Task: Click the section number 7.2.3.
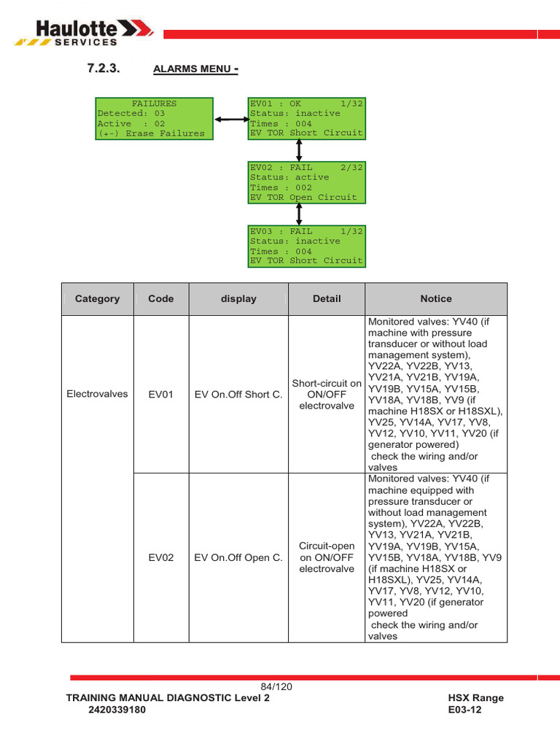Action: [103, 68]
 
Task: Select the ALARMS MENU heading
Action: [195, 69]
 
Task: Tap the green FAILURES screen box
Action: [155, 118]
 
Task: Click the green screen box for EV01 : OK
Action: [306, 118]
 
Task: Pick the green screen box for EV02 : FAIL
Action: [306, 182]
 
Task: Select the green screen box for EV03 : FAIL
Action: [306, 246]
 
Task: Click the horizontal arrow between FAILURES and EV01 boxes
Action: [231, 119]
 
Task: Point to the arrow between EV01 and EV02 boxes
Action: [299, 151]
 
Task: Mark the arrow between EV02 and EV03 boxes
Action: [299, 214]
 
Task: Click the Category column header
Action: [97, 298]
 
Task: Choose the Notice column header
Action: [436, 298]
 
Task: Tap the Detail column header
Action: [327, 298]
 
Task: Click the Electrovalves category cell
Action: [97, 394]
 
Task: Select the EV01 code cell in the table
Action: [160, 395]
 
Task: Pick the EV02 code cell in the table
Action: [160, 558]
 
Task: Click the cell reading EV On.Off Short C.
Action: [238, 395]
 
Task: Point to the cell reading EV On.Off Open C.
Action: [238, 558]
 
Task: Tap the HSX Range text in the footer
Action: [475, 698]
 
